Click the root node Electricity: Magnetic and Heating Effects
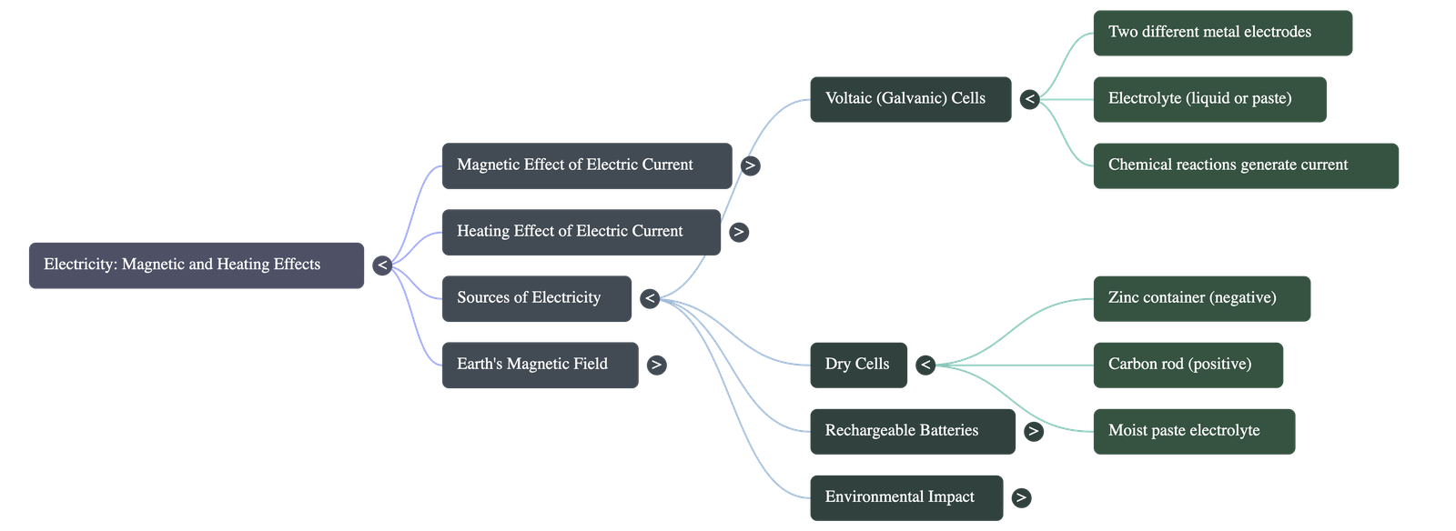click(x=196, y=265)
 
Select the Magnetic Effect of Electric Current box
click(x=586, y=165)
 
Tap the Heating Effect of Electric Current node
click(x=581, y=232)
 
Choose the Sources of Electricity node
click(x=536, y=298)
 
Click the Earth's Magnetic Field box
click(x=540, y=365)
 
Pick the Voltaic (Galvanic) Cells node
click(x=909, y=99)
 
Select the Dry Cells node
click(x=857, y=365)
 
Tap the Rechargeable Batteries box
click(x=911, y=431)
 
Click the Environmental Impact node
click(x=905, y=497)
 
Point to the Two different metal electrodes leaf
click(x=1221, y=33)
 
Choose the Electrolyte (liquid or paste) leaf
click(x=1208, y=99)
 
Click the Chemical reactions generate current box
click(x=1245, y=165)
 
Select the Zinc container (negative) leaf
click(x=1201, y=298)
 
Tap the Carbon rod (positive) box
click(x=1188, y=365)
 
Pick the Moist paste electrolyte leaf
click(x=1193, y=431)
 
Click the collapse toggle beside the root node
click(x=383, y=265)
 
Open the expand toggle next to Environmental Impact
click(x=1021, y=497)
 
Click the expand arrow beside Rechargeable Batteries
click(x=1033, y=431)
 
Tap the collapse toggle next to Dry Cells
click(x=925, y=365)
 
